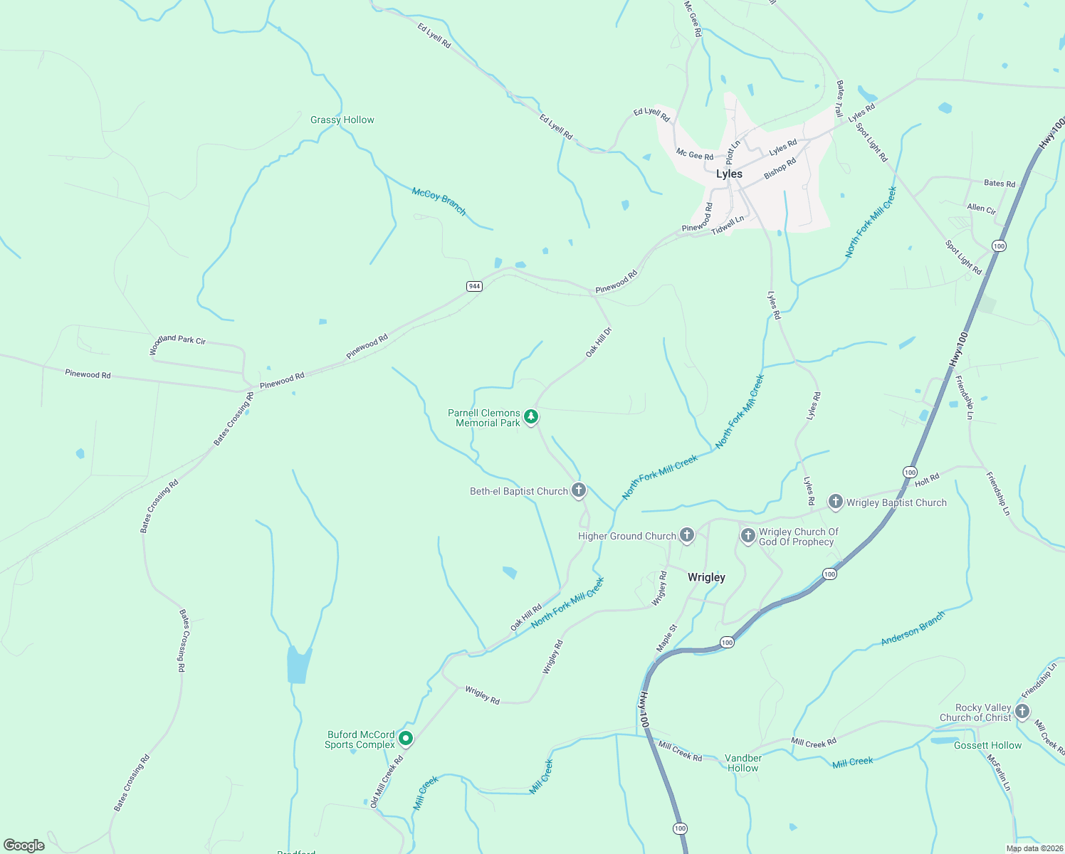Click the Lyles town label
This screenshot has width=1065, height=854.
729,174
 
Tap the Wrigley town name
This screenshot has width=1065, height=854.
706,577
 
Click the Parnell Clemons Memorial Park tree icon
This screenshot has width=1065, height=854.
530,417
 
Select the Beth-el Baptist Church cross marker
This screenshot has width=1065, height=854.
579,490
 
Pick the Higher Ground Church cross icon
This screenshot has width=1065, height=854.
686,535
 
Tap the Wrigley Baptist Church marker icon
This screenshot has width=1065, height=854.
835,502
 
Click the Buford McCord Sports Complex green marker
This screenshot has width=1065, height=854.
406,739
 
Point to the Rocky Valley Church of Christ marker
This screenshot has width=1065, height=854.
1022,711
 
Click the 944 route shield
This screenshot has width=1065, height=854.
475,286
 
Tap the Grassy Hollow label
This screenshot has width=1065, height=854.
342,120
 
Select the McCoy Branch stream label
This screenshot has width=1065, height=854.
439,201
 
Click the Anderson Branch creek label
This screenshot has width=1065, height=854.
913,628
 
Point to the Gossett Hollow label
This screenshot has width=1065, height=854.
987,745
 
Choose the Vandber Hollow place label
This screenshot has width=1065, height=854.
743,763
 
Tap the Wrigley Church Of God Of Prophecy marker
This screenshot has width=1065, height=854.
747,535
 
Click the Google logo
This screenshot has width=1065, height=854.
24,845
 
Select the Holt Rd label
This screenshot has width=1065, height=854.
927,480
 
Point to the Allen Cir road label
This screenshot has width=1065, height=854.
981,209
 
